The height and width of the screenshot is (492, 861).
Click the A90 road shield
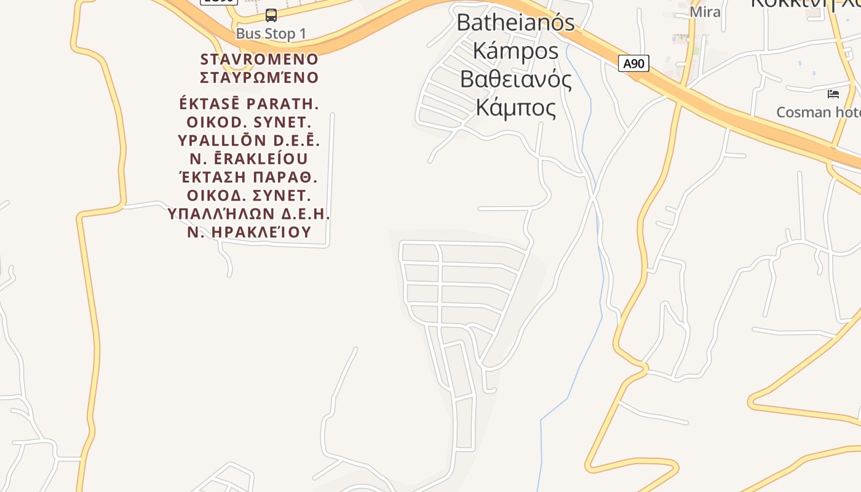[x=633, y=63]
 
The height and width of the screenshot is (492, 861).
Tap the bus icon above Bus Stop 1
[x=271, y=15]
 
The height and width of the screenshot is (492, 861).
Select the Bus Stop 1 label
[x=271, y=34]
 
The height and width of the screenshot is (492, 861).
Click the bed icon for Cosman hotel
[x=833, y=94]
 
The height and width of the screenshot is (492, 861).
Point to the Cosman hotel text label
[x=818, y=112]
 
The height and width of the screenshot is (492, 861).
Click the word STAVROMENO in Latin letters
[x=260, y=60]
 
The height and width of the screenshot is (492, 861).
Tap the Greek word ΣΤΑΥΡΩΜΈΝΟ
[x=260, y=77]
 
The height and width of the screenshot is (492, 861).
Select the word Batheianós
[x=515, y=23]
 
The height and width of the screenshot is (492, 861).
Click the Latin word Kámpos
[x=515, y=50]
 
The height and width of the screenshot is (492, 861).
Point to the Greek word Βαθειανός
[x=515, y=79]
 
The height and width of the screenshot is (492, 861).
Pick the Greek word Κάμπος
[x=515, y=108]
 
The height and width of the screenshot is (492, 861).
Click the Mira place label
[x=705, y=12]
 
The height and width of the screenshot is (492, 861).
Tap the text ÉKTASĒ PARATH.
[x=249, y=103]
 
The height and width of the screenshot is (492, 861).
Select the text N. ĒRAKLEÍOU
[x=249, y=159]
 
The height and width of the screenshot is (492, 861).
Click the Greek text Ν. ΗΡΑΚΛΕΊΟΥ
[x=249, y=232]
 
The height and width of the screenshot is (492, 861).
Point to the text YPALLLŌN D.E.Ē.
[x=249, y=140]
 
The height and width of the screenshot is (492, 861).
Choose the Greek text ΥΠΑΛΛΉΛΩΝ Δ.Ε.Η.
[x=249, y=214]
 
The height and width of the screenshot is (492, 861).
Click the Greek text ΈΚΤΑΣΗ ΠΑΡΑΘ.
[x=249, y=177]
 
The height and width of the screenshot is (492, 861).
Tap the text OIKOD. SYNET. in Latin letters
[x=249, y=122]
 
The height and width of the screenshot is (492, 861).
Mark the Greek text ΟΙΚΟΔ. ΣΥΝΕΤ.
[x=249, y=196]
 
